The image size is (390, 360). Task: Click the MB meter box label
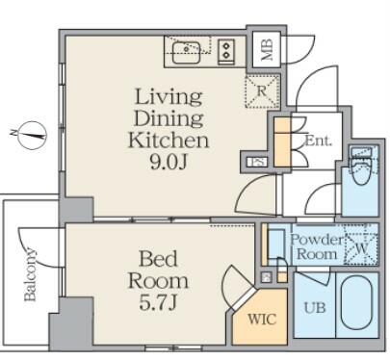click(x=267, y=49)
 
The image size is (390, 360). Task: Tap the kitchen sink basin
click(x=186, y=52)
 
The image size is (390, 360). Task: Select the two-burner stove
click(x=226, y=50)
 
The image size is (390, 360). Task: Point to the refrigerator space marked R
click(x=262, y=91)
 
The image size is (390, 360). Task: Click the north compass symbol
click(x=32, y=135)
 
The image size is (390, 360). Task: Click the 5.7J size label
click(x=158, y=302)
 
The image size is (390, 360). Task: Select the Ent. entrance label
click(x=318, y=141)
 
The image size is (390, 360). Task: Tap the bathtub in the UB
click(x=355, y=303)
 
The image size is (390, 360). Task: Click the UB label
click(x=315, y=308)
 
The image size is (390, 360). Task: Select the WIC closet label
click(x=262, y=320)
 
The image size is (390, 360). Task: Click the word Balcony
click(x=30, y=273)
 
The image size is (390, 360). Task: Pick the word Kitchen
click(x=169, y=141)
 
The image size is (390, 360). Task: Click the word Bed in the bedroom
click(x=158, y=259)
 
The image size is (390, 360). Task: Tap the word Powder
click(x=317, y=240)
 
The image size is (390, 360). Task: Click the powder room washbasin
click(x=276, y=244)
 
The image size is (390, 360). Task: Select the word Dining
click(x=169, y=118)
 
